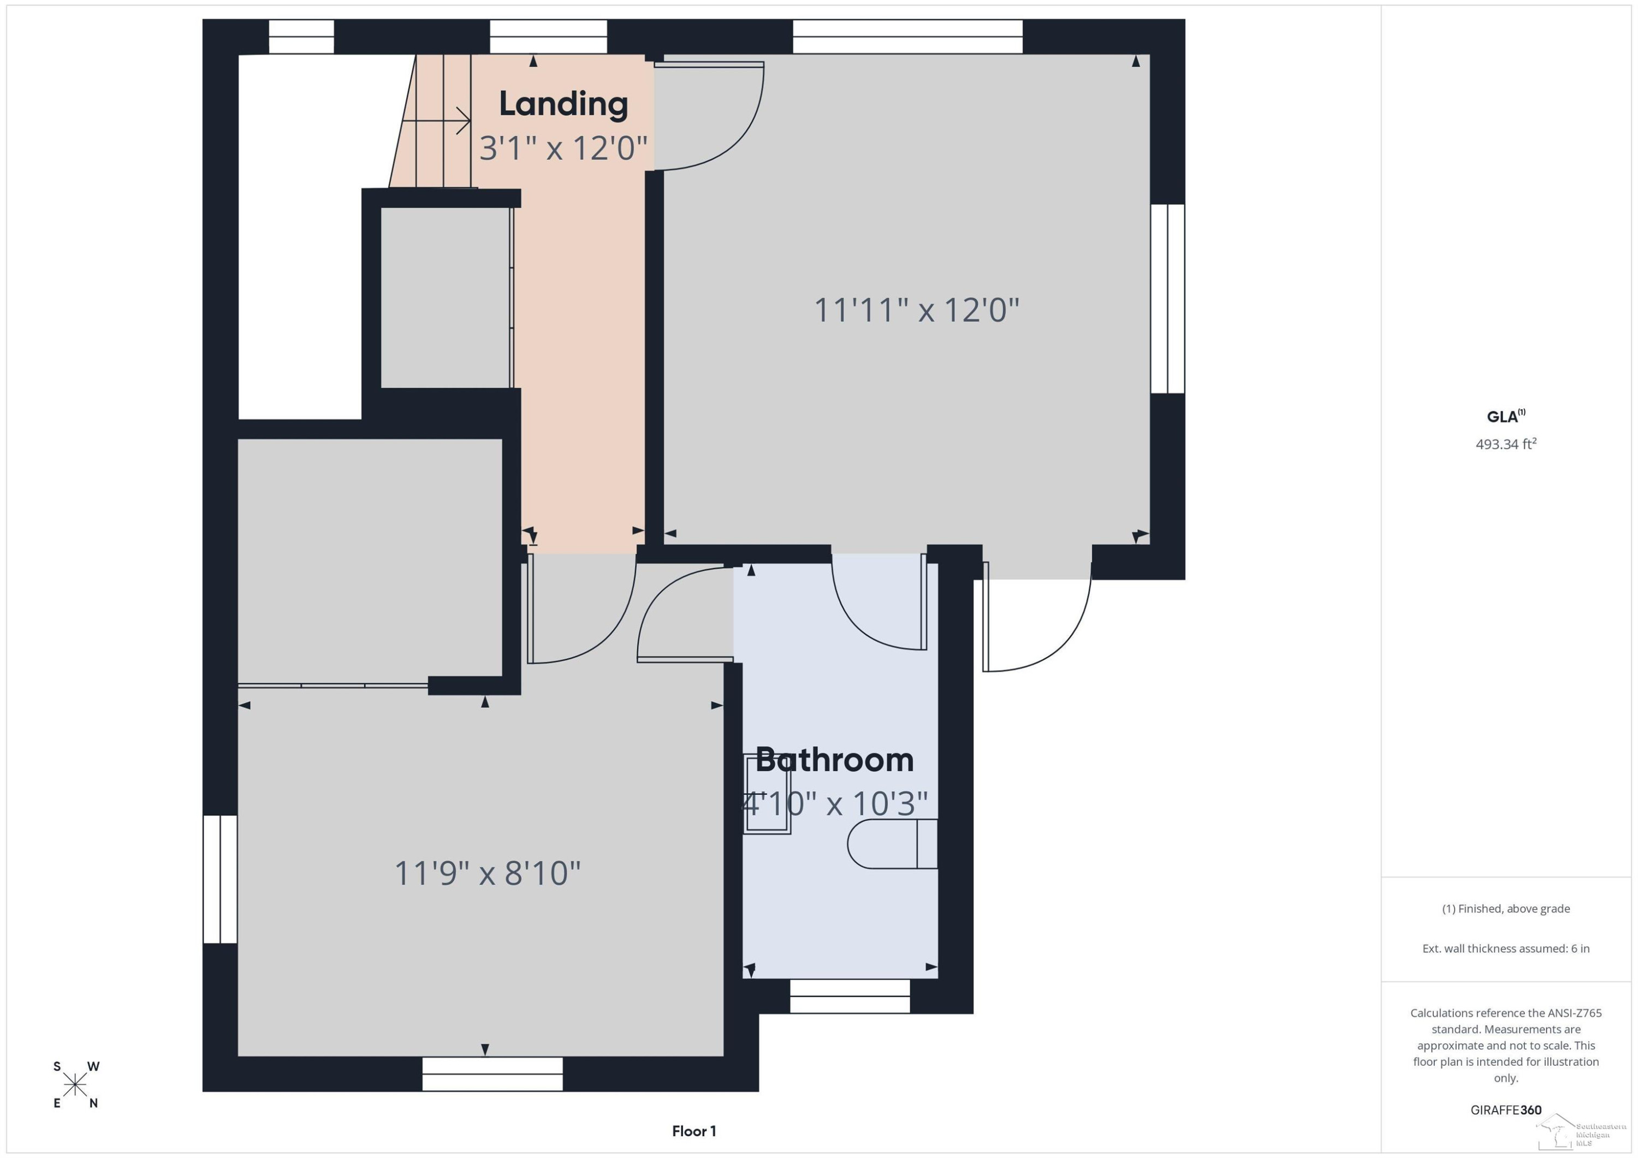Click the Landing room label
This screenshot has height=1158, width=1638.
pyautogui.click(x=563, y=104)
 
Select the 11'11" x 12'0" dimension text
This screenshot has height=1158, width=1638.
pyautogui.click(x=917, y=310)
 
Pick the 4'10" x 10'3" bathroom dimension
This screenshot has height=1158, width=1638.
pyautogui.click(x=835, y=804)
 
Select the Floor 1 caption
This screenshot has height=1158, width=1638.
pyautogui.click(x=693, y=1131)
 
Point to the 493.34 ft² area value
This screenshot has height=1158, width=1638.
pyautogui.click(x=1506, y=444)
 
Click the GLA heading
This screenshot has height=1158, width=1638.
pyautogui.click(x=1505, y=416)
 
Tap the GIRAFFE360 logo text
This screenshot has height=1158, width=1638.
pyautogui.click(x=1506, y=1110)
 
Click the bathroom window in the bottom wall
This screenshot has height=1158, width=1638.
pyautogui.click(x=850, y=996)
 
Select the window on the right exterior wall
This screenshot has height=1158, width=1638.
pyautogui.click(x=1168, y=299)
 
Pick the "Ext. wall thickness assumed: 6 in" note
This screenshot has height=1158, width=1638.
pyautogui.click(x=1506, y=948)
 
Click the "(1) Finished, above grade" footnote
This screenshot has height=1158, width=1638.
pyautogui.click(x=1506, y=909)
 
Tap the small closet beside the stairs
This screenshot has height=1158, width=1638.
pyautogui.click(x=447, y=297)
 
